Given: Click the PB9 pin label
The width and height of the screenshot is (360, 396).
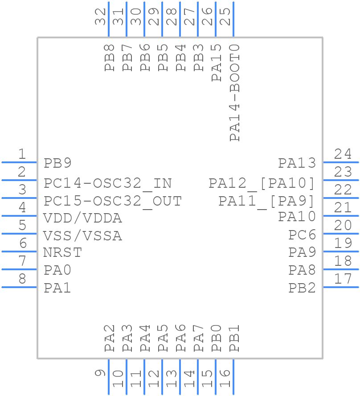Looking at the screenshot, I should click(57, 163).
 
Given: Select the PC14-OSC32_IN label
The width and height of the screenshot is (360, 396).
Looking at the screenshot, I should click(107, 183).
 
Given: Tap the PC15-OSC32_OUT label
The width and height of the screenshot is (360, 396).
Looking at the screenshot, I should click(112, 201).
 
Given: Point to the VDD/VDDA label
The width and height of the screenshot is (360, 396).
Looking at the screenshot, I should click(82, 219).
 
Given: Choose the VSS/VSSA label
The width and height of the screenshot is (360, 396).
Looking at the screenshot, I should click(82, 236).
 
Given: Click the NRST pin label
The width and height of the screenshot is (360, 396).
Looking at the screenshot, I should click(62, 253).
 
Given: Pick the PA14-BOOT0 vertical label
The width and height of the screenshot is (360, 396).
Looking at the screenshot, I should click(234, 93).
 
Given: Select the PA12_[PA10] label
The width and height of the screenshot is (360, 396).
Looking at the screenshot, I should click(262, 183).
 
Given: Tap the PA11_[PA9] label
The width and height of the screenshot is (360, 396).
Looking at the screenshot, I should click(266, 201).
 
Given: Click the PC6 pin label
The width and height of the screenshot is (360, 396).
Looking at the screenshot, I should click(302, 235).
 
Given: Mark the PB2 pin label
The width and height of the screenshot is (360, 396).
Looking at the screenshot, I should click(302, 288).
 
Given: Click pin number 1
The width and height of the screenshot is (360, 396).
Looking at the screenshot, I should click(21, 154).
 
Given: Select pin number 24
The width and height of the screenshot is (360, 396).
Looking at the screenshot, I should click(343, 154).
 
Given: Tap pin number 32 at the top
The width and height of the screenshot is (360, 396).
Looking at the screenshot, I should click(101, 16).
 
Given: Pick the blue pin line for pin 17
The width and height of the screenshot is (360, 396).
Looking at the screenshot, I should click(340, 287).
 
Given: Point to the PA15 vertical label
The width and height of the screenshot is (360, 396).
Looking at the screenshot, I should click(217, 63).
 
